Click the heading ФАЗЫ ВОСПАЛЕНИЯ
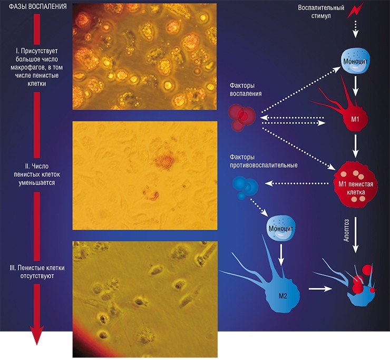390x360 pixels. click(x=37, y=6)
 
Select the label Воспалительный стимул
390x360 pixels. click(x=321, y=12)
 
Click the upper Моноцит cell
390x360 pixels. click(x=355, y=61)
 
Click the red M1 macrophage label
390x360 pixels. click(x=355, y=119)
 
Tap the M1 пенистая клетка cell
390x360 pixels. click(x=356, y=184)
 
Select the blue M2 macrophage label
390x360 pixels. click(x=283, y=296)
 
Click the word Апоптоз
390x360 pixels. click(x=346, y=230)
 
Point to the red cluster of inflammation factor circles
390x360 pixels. click(x=242, y=117)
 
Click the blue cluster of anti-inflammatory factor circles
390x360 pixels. click(x=245, y=187)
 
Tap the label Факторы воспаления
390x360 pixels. click(x=246, y=90)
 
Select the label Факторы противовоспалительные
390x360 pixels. click(x=264, y=161)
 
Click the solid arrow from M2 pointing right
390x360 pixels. click(x=320, y=289)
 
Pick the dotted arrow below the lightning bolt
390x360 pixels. click(x=355, y=30)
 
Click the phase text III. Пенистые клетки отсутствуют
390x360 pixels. click(x=37, y=271)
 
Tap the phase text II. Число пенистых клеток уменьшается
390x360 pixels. click(x=37, y=174)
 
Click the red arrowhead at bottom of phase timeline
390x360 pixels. click(x=37, y=335)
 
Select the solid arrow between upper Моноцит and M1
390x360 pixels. click(x=355, y=86)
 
